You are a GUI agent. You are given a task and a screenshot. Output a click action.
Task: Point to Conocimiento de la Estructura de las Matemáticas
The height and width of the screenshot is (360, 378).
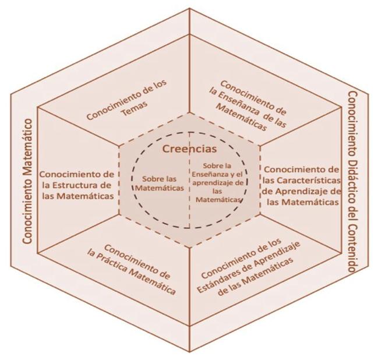click(x=76, y=185)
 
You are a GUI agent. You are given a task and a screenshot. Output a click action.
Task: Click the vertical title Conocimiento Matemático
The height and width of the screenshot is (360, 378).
click(x=27, y=181)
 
